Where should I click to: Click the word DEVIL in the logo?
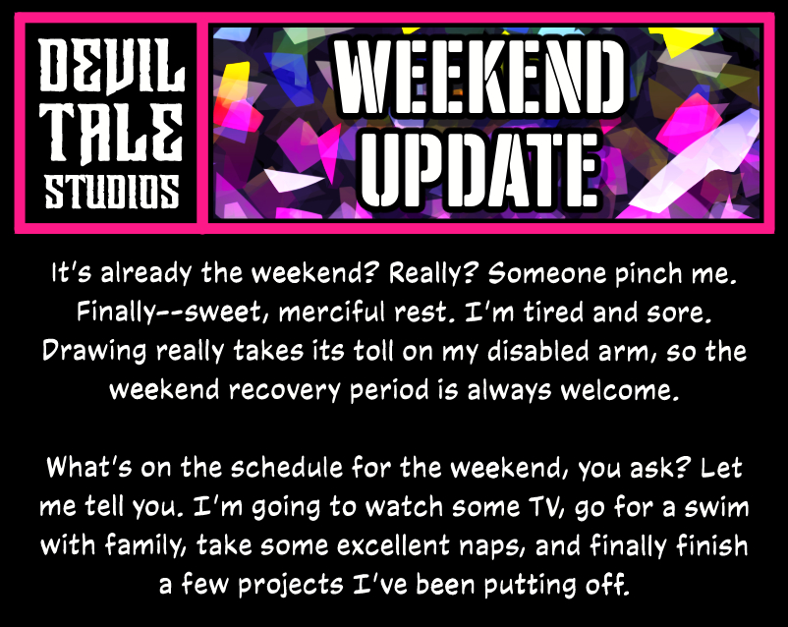pos(112,66)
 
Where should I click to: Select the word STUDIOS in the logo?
pos(112,192)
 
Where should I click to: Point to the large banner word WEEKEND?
pos(478,78)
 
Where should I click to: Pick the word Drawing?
pos(94,352)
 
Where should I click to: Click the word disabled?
pos(538,351)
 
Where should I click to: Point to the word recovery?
pos(284,391)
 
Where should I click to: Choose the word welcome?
pos(620,390)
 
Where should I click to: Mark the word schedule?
pos(287,468)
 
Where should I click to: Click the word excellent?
pos(393,545)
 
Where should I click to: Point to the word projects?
pos(291,586)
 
